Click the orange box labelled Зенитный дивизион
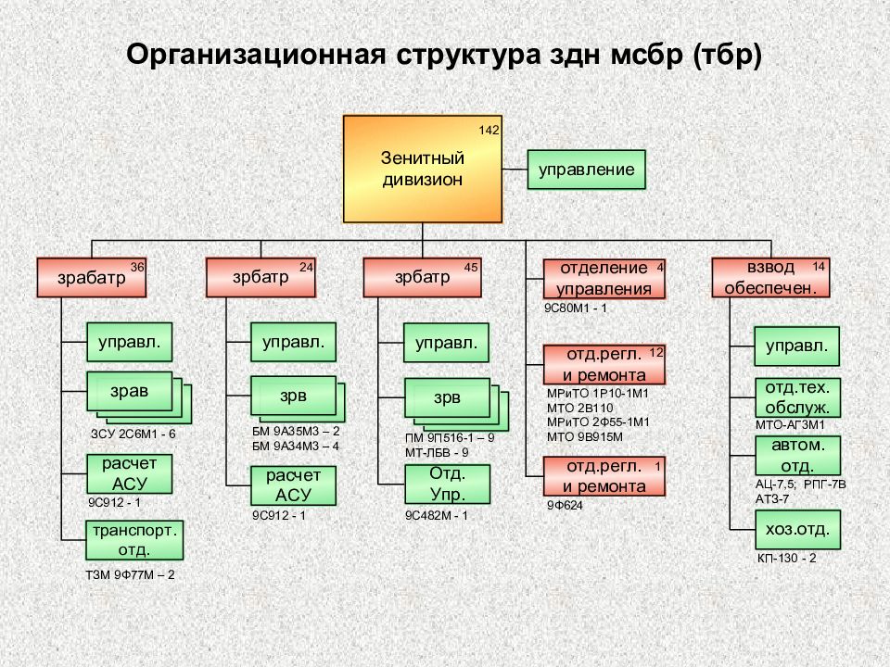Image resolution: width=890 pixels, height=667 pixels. [x=422, y=169]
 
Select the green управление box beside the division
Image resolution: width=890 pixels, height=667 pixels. [x=587, y=170]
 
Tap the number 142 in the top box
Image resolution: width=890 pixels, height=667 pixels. [x=489, y=130]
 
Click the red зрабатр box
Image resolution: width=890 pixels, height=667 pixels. [x=92, y=278]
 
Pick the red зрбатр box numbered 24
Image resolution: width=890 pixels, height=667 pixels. [x=261, y=278]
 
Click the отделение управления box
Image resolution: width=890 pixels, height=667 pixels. [x=604, y=278]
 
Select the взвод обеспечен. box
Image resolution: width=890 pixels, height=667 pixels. [x=769, y=278]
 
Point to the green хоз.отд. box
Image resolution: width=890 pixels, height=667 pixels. [x=797, y=531]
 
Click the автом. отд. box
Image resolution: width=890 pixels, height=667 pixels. [x=797, y=455]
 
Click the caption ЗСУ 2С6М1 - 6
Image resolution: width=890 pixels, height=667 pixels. [x=133, y=434]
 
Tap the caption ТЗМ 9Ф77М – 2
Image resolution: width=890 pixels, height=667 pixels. [x=130, y=575]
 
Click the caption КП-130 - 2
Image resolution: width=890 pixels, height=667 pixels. [x=787, y=559]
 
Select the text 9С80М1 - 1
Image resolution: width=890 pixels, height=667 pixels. [x=575, y=307]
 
